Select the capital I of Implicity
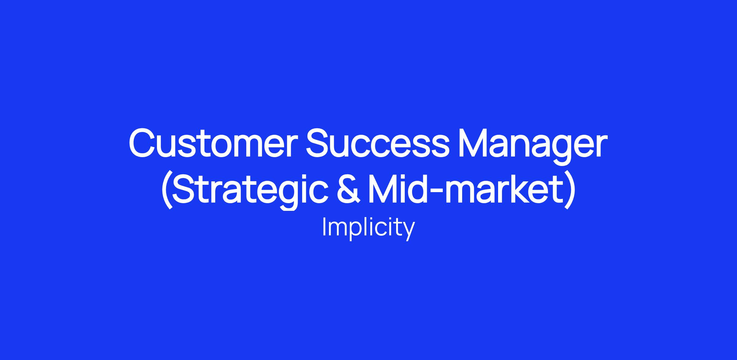point(324,227)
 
